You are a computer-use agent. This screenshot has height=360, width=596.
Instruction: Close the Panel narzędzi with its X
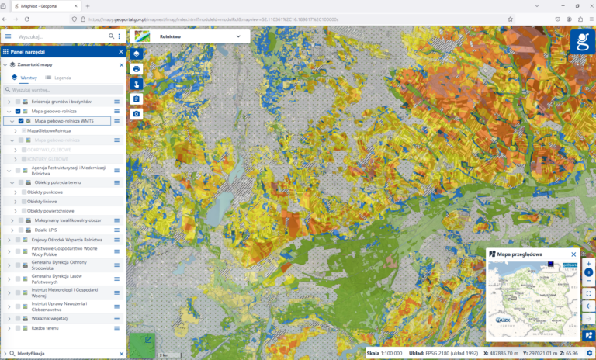[x=121, y=52]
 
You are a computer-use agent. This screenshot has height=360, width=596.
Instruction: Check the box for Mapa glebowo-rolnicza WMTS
[x=21, y=121]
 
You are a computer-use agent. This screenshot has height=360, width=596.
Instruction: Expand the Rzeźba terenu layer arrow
[x=9, y=328]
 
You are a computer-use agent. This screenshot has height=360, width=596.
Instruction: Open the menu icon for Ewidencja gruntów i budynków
[x=117, y=102]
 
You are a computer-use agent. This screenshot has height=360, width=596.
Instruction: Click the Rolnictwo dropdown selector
[x=191, y=35]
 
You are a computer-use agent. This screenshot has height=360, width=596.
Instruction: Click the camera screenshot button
[x=137, y=114]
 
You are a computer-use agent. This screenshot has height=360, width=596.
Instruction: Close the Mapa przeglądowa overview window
[x=574, y=254]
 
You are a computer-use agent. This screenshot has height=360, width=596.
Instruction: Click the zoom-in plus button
[x=588, y=264]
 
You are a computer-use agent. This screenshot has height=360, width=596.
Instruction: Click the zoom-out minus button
[x=588, y=282]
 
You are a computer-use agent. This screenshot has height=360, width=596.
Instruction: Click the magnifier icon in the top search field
[x=109, y=36]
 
